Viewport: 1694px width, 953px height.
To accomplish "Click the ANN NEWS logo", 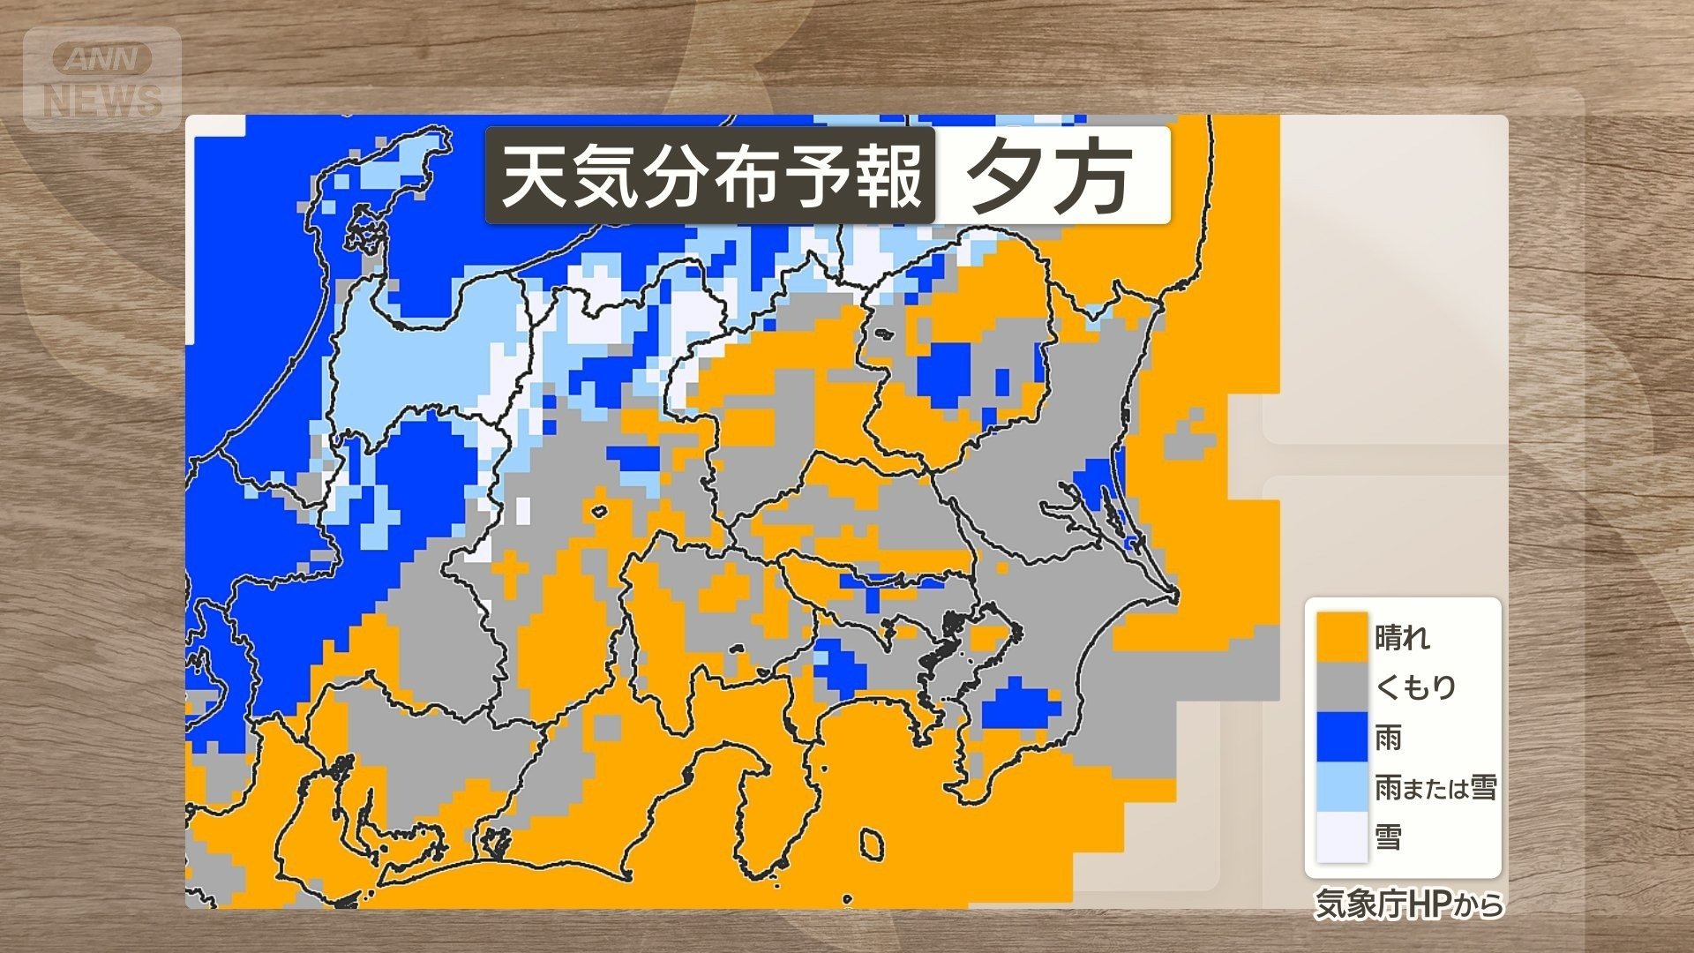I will click(x=102, y=80).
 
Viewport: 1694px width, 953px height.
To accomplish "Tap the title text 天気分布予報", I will click(x=710, y=176).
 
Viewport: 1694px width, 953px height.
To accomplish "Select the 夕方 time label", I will click(x=1050, y=176).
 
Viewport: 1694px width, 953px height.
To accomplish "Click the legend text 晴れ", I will click(x=1402, y=637).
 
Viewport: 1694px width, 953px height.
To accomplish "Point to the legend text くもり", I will click(x=1415, y=687).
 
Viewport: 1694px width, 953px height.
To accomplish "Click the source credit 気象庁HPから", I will click(x=1408, y=904).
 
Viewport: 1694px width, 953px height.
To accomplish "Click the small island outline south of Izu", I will click(x=871, y=844).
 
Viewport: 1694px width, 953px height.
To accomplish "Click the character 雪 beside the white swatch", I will click(x=1389, y=836).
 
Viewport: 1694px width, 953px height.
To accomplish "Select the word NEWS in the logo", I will click(x=103, y=101).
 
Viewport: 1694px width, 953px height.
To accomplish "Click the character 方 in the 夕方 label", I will click(x=1094, y=176).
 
